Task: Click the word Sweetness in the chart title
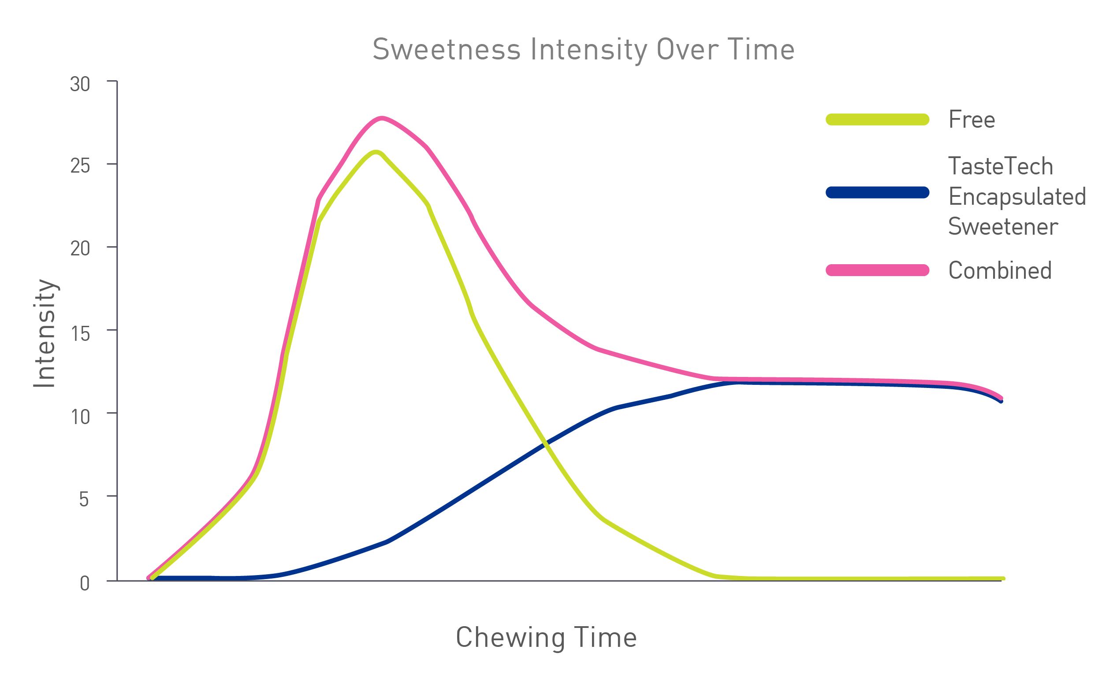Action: click(x=446, y=49)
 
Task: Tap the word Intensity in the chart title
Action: click(x=589, y=50)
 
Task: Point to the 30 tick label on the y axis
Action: click(x=80, y=85)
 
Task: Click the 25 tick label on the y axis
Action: click(x=80, y=166)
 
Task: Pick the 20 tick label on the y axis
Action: click(x=80, y=249)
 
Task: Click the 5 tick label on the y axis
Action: click(x=84, y=499)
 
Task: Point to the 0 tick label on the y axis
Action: click(x=85, y=583)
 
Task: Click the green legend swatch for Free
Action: click(x=877, y=119)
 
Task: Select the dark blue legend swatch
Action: click(x=877, y=192)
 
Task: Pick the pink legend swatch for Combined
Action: click(x=877, y=270)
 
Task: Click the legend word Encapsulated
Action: click(x=1016, y=197)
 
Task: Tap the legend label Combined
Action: click(x=1000, y=270)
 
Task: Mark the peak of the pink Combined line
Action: click(x=381, y=118)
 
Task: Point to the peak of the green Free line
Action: click(x=376, y=152)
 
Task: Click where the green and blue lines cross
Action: click(x=545, y=443)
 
